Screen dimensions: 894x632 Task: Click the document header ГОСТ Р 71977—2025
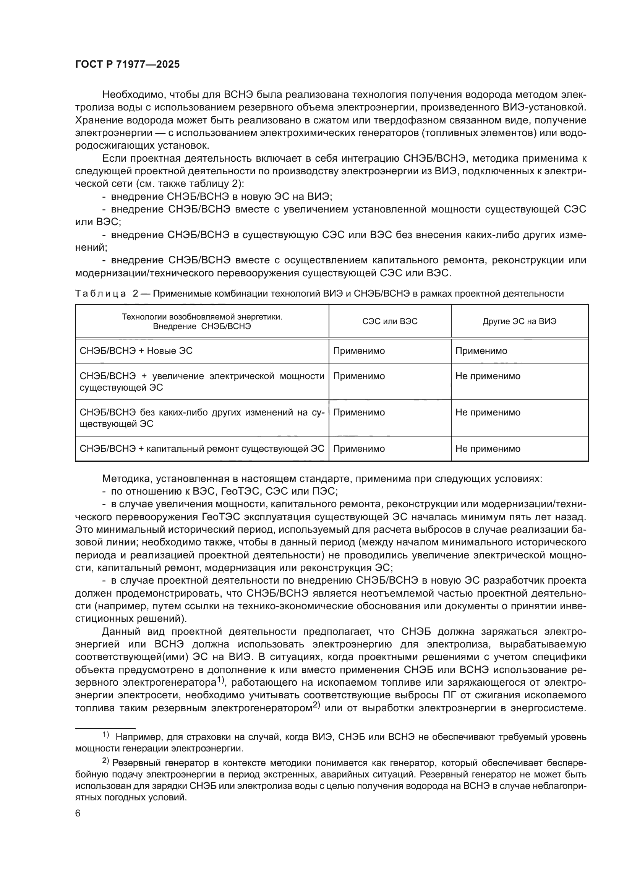pyautogui.click(x=127, y=65)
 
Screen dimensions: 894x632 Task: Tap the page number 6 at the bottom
pyautogui.click(x=78, y=813)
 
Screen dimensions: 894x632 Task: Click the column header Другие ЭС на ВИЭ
pyautogui.click(x=519, y=321)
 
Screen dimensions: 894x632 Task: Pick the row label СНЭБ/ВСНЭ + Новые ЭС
pyautogui.click(x=136, y=351)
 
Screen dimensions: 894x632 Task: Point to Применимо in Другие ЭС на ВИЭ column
pyautogui.click(x=481, y=351)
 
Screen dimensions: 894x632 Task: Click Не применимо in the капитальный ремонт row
pyautogui.click(x=488, y=449)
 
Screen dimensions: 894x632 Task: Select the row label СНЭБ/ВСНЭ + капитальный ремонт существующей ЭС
pyautogui.click(x=202, y=449)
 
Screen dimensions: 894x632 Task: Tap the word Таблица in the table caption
pyautogui.click(x=100, y=294)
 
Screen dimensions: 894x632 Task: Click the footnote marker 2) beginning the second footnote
pyautogui.click(x=106, y=761)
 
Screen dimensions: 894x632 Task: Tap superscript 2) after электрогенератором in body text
pyautogui.click(x=316, y=705)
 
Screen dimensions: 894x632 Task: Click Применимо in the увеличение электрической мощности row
pyautogui.click(x=359, y=376)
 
